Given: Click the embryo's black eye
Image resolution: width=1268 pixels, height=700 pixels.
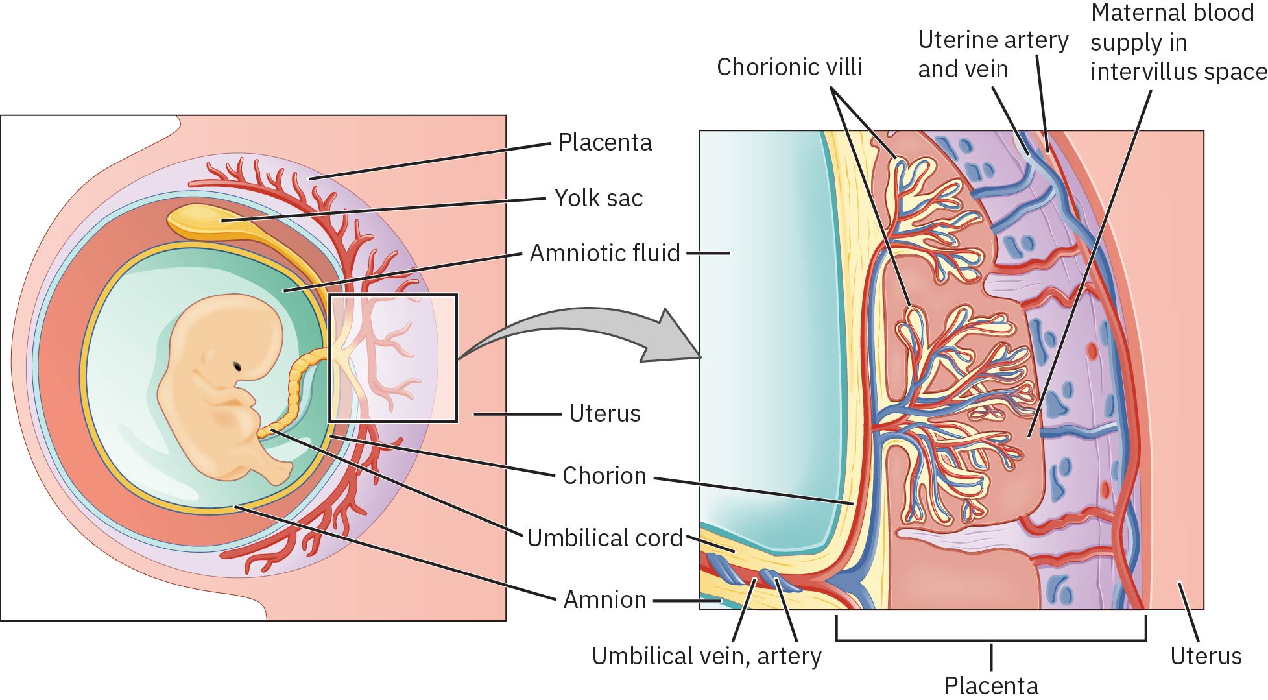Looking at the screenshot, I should [238, 367].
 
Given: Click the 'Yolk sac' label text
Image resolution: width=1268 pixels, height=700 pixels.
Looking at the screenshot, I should [598, 198].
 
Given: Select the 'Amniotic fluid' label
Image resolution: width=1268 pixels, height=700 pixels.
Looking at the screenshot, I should [604, 253].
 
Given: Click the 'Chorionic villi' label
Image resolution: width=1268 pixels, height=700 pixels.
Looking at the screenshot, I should [789, 67].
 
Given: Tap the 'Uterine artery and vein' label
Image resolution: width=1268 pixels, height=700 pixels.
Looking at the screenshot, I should [992, 54].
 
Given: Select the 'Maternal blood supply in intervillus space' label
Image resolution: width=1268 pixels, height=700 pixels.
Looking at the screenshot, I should [1177, 42].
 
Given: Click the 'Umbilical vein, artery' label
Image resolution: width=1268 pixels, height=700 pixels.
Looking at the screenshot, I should [706, 656].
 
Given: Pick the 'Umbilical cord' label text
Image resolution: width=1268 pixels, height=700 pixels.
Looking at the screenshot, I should [604, 538].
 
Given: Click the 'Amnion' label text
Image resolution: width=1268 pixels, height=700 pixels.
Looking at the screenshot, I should [604, 599].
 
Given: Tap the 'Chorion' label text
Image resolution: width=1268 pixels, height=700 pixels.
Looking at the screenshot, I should [604, 476].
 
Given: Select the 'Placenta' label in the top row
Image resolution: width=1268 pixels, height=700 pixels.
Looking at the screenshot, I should [604, 142].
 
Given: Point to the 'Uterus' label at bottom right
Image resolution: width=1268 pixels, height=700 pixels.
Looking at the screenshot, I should [1206, 656].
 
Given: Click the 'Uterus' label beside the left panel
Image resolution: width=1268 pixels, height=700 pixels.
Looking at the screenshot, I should [604, 413].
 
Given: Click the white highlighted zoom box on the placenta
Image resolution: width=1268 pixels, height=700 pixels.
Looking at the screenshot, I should [393, 358].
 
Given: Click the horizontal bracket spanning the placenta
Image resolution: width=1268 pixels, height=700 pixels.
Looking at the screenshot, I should [990, 640].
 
